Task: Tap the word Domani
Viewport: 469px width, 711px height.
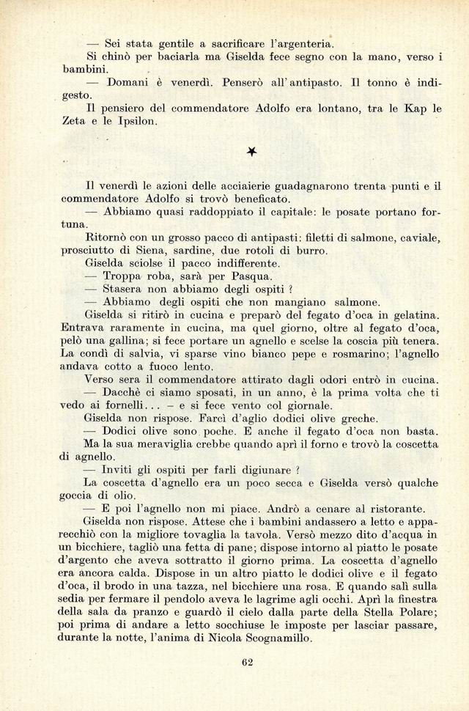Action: click(129, 82)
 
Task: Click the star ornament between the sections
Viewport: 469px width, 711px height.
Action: click(251, 152)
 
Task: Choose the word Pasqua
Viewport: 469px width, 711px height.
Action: click(250, 276)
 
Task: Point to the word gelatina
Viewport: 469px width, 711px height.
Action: click(415, 315)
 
